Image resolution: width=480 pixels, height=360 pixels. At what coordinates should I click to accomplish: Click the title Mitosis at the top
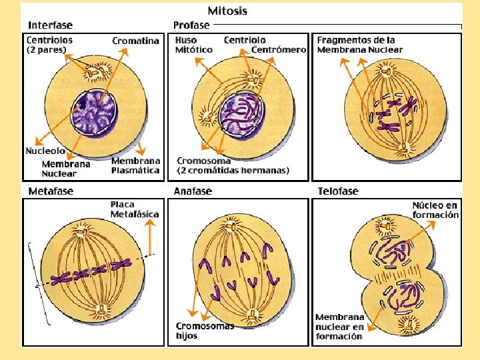[x=227, y=11]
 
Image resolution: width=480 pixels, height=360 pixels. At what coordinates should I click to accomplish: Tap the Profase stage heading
[x=191, y=25]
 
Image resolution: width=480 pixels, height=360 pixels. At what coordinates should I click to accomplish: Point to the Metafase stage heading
[x=51, y=191]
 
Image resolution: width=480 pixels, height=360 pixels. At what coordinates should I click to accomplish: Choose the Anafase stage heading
[x=193, y=191]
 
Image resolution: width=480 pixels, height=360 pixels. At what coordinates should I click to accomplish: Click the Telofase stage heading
[x=337, y=191]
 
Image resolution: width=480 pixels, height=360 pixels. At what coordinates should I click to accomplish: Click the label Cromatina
[x=136, y=41]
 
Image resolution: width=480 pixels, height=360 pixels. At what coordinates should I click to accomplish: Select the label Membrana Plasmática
[x=136, y=165]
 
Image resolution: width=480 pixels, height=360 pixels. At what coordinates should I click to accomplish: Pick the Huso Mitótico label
[x=194, y=45]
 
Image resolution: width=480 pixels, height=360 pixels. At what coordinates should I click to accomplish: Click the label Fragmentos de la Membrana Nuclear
[x=360, y=45]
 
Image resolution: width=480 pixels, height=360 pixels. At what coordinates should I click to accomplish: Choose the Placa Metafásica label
[x=135, y=209]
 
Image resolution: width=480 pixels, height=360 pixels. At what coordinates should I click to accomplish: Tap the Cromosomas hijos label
[x=205, y=331]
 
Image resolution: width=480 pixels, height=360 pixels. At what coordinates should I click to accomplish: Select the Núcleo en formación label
[x=435, y=210]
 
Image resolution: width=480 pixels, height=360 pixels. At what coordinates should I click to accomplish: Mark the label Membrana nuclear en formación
[x=340, y=327]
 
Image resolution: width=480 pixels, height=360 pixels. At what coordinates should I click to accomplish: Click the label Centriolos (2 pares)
[x=50, y=45]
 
